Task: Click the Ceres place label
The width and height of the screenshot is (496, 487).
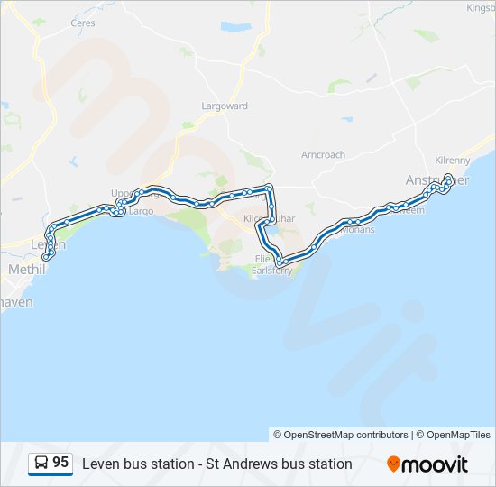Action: click(83, 22)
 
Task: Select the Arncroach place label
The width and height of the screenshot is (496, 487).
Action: click(323, 155)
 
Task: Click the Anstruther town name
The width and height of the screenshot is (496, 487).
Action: click(424, 180)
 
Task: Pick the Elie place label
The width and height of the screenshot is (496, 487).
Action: click(262, 258)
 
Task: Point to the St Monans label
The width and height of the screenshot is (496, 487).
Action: click(359, 230)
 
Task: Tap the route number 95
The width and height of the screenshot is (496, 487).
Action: click(60, 463)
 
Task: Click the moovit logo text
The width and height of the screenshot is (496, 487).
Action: click(436, 464)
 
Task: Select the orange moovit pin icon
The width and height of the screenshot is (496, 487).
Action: click(393, 464)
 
